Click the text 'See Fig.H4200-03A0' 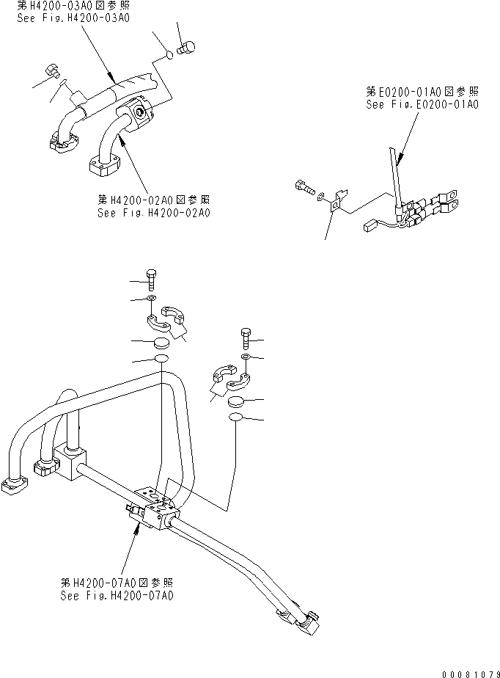[x=73, y=18]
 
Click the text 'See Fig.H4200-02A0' [x=154, y=213]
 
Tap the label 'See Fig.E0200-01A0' [x=422, y=104]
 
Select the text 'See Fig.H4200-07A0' [x=117, y=595]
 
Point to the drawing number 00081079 [x=471, y=674]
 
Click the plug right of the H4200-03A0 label [x=186, y=47]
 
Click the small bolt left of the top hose [x=52, y=71]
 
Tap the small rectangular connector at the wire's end [x=371, y=225]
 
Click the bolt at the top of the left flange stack [x=152, y=280]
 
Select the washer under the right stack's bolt [x=245, y=357]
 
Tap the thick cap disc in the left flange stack [x=161, y=343]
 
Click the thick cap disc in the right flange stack [x=235, y=401]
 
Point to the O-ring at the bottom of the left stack [x=161, y=359]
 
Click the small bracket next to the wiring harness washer [x=337, y=201]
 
